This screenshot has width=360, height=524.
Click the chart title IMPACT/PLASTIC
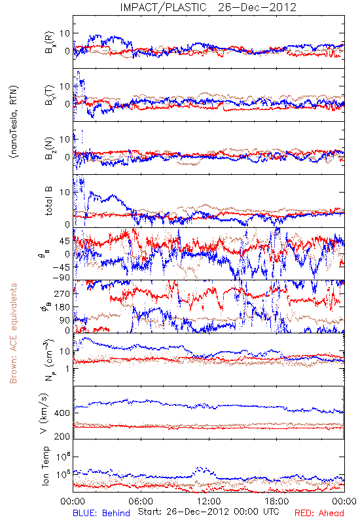click(x=163, y=7)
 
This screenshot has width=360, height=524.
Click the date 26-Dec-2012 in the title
click(x=257, y=7)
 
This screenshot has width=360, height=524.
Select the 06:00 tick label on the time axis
click(x=141, y=501)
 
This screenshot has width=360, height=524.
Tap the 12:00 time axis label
click(x=209, y=501)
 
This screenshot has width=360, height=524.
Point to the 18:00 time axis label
click(x=277, y=501)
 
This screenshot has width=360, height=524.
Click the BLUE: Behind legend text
click(x=101, y=513)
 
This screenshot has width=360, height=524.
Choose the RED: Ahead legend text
click(x=319, y=513)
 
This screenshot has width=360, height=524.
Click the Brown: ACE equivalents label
click(x=13, y=333)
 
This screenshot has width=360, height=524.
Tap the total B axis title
click(x=48, y=200)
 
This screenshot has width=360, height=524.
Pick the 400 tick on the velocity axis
click(x=62, y=413)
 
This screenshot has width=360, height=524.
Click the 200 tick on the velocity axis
click(x=62, y=436)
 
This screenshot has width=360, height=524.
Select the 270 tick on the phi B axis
click(x=62, y=293)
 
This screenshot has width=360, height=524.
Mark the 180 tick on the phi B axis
click(x=62, y=307)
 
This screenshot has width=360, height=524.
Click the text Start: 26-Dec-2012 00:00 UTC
click(x=208, y=512)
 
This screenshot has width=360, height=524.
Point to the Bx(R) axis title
click(x=48, y=43)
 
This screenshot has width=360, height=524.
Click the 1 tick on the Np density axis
click(x=68, y=369)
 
